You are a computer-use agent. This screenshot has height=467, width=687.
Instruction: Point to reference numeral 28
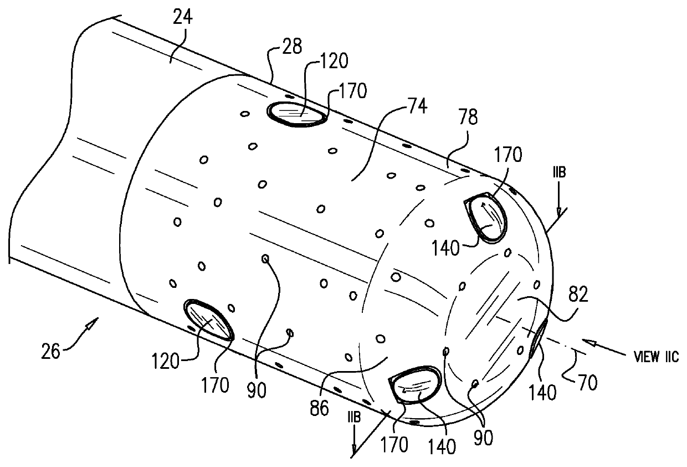coord(290,48)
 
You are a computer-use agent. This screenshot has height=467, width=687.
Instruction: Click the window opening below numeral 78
coord(488,218)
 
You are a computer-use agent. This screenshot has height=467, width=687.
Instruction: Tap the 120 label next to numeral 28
coord(332,62)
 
